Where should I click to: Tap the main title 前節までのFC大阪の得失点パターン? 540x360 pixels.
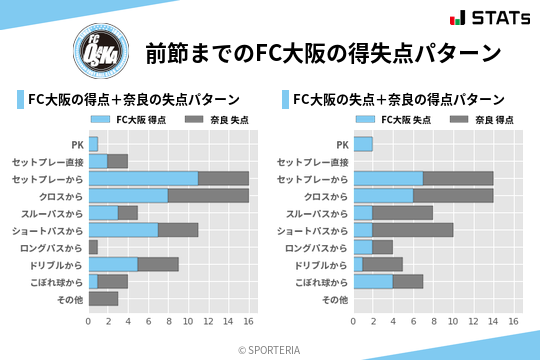coord(323,52)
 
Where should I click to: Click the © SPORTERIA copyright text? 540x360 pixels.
coord(270,349)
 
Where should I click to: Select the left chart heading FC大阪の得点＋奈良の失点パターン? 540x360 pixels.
coord(133,99)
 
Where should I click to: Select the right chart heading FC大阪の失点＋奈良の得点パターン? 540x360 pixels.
coord(398,99)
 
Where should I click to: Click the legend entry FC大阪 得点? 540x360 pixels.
coord(135,119)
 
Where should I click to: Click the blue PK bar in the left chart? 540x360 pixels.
coord(93,144)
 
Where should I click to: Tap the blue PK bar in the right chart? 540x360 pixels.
coord(363,144)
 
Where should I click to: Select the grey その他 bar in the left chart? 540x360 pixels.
coord(103,299)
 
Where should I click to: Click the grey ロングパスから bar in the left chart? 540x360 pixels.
coord(93,247)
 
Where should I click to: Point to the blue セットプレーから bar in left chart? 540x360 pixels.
coord(143,178)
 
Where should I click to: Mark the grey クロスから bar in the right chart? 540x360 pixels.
coord(453,196)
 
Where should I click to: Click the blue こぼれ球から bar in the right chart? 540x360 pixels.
coord(373,282)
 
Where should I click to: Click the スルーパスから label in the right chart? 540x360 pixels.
coord(318,213)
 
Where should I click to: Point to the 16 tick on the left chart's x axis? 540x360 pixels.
coord(248,321)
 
